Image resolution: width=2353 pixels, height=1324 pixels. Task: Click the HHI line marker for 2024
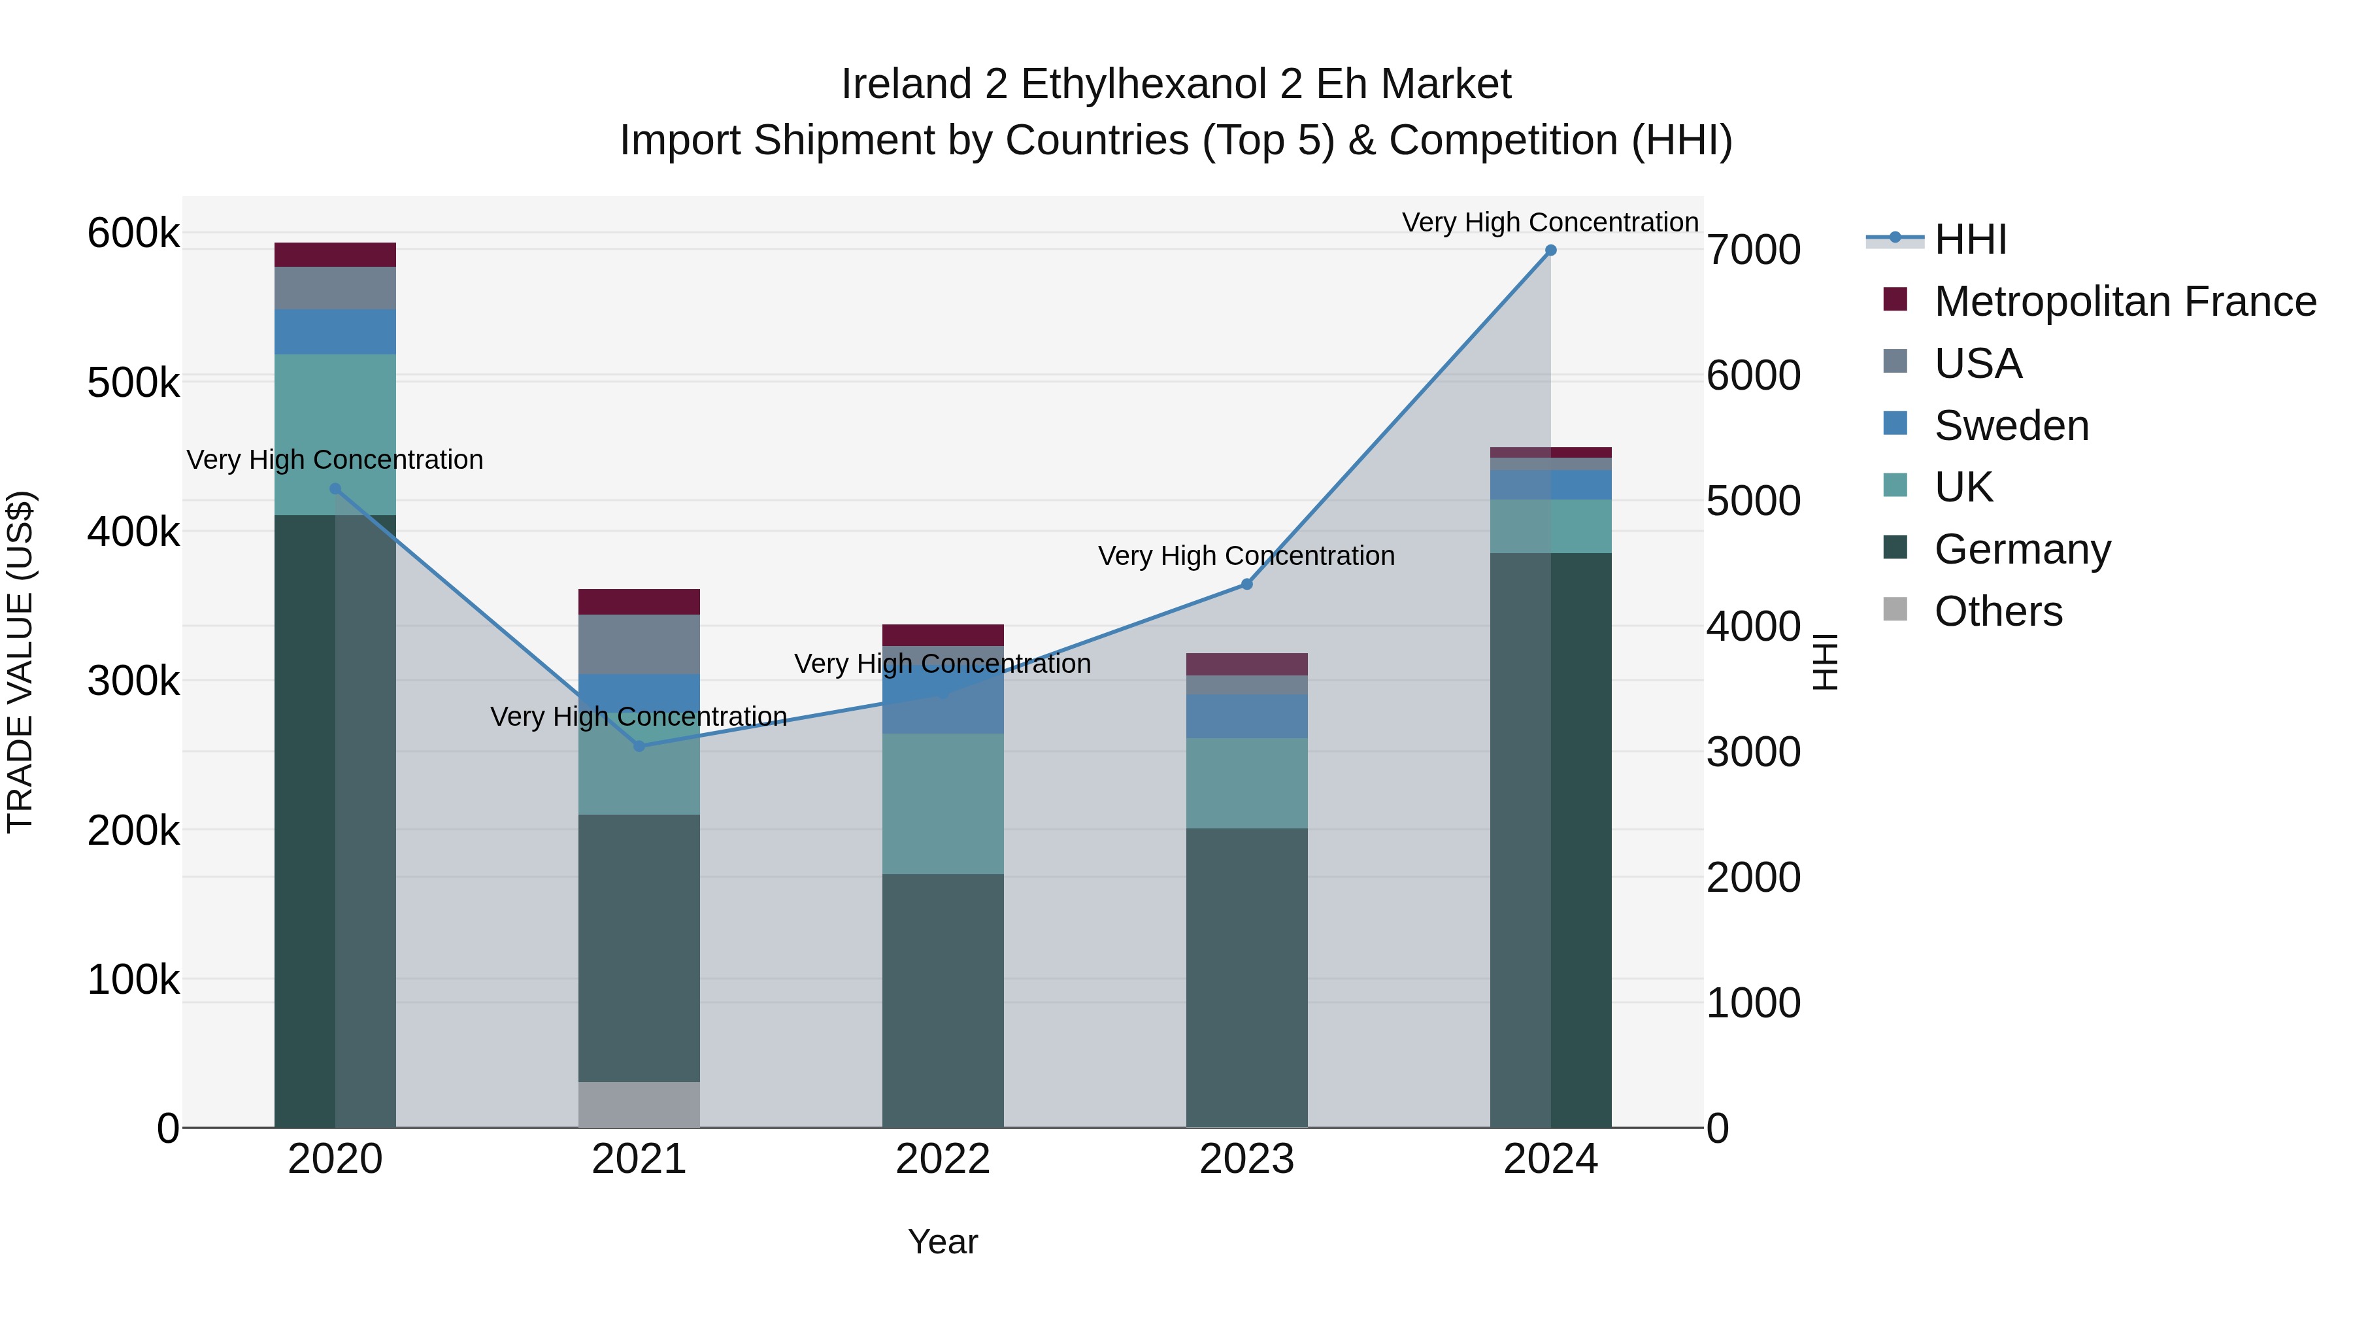click(1550, 250)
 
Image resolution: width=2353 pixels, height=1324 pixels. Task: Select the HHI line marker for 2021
click(639, 747)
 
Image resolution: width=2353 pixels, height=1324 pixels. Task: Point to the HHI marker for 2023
click(1247, 585)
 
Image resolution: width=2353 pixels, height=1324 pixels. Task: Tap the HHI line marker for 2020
click(335, 489)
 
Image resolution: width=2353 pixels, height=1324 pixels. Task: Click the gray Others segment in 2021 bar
click(639, 1105)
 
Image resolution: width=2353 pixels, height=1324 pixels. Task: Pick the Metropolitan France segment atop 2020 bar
click(335, 255)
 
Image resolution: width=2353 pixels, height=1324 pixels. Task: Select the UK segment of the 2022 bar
click(943, 804)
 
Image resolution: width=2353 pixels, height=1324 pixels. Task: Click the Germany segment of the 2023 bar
click(1247, 977)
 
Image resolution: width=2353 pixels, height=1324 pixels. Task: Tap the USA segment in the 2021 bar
click(639, 644)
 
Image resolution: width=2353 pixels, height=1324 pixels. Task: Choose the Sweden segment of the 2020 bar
click(335, 331)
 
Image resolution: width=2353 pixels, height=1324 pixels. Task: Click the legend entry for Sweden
click(2011, 426)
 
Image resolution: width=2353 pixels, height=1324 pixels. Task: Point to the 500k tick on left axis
click(133, 383)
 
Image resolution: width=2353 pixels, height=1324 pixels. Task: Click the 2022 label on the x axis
click(943, 1159)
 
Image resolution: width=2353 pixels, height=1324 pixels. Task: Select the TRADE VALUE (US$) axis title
click(20, 662)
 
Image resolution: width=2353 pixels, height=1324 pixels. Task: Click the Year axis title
click(943, 1242)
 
